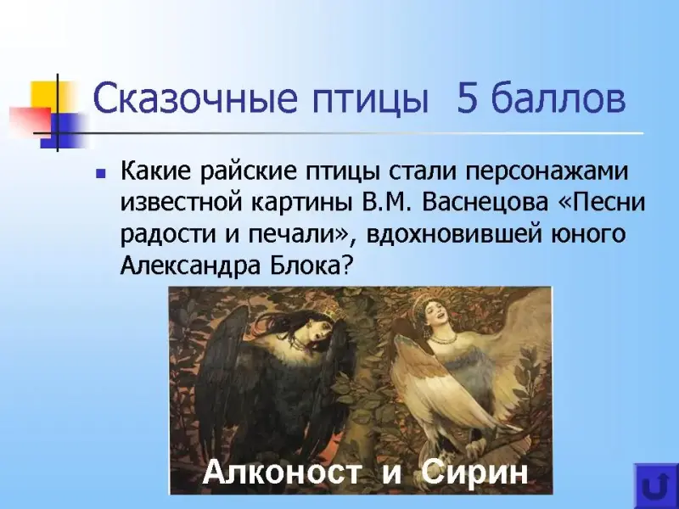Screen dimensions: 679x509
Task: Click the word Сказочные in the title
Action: click(x=195, y=98)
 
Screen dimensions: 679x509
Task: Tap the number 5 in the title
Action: click(x=467, y=98)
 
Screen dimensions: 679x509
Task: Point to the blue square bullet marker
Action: click(x=101, y=174)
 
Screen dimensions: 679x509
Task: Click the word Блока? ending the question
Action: click(x=310, y=265)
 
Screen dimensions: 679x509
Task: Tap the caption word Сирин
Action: click(x=474, y=473)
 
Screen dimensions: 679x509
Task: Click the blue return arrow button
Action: click(x=655, y=485)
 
